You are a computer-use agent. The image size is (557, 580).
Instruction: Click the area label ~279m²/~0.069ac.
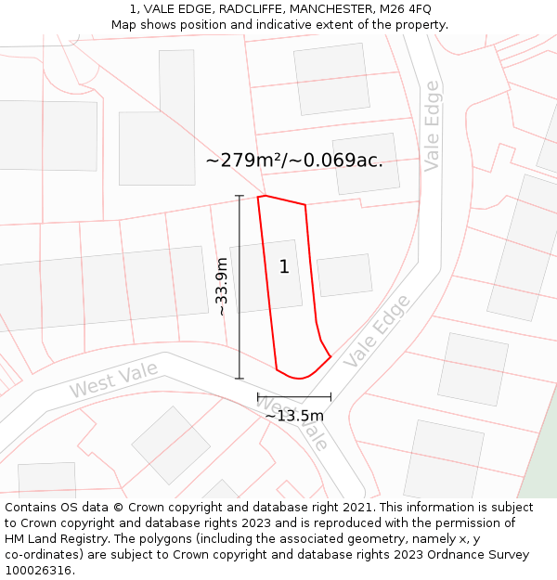293,161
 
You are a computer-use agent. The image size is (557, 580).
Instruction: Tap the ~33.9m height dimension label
221,287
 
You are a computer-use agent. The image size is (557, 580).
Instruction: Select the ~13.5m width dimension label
294,415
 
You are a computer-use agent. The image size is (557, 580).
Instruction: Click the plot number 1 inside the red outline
284,267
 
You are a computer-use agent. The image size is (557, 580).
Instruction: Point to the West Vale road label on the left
112,379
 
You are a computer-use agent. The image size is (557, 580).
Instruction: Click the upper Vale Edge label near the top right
432,126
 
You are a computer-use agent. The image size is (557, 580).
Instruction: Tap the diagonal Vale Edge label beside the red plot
376,330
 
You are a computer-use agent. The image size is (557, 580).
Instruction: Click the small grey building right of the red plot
343,275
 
